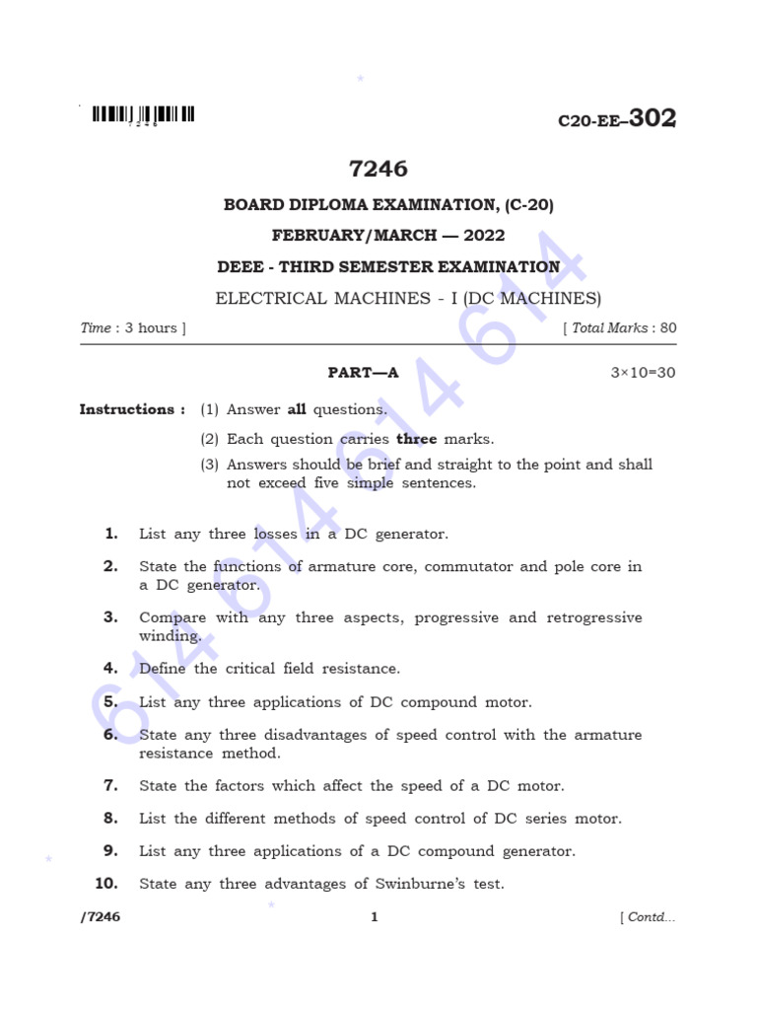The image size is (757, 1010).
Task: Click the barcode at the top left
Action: (143, 115)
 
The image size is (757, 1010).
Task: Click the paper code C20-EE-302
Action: (617, 119)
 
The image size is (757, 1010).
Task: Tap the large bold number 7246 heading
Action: (378, 169)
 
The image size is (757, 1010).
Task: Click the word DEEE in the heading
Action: (241, 267)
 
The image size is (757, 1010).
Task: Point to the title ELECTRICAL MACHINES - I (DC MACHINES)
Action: (408, 298)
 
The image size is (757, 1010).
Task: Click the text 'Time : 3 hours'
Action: (132, 328)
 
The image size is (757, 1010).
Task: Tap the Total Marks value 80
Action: (668, 328)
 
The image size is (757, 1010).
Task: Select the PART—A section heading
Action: (363, 373)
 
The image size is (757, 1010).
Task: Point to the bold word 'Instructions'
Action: (126, 409)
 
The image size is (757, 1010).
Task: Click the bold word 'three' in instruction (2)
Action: (416, 439)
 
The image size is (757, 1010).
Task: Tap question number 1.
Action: (111, 534)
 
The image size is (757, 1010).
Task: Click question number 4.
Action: (111, 668)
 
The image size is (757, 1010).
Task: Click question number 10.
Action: (106, 884)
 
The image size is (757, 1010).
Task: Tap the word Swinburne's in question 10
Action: (421, 884)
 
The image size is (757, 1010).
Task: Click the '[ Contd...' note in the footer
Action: (648, 918)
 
